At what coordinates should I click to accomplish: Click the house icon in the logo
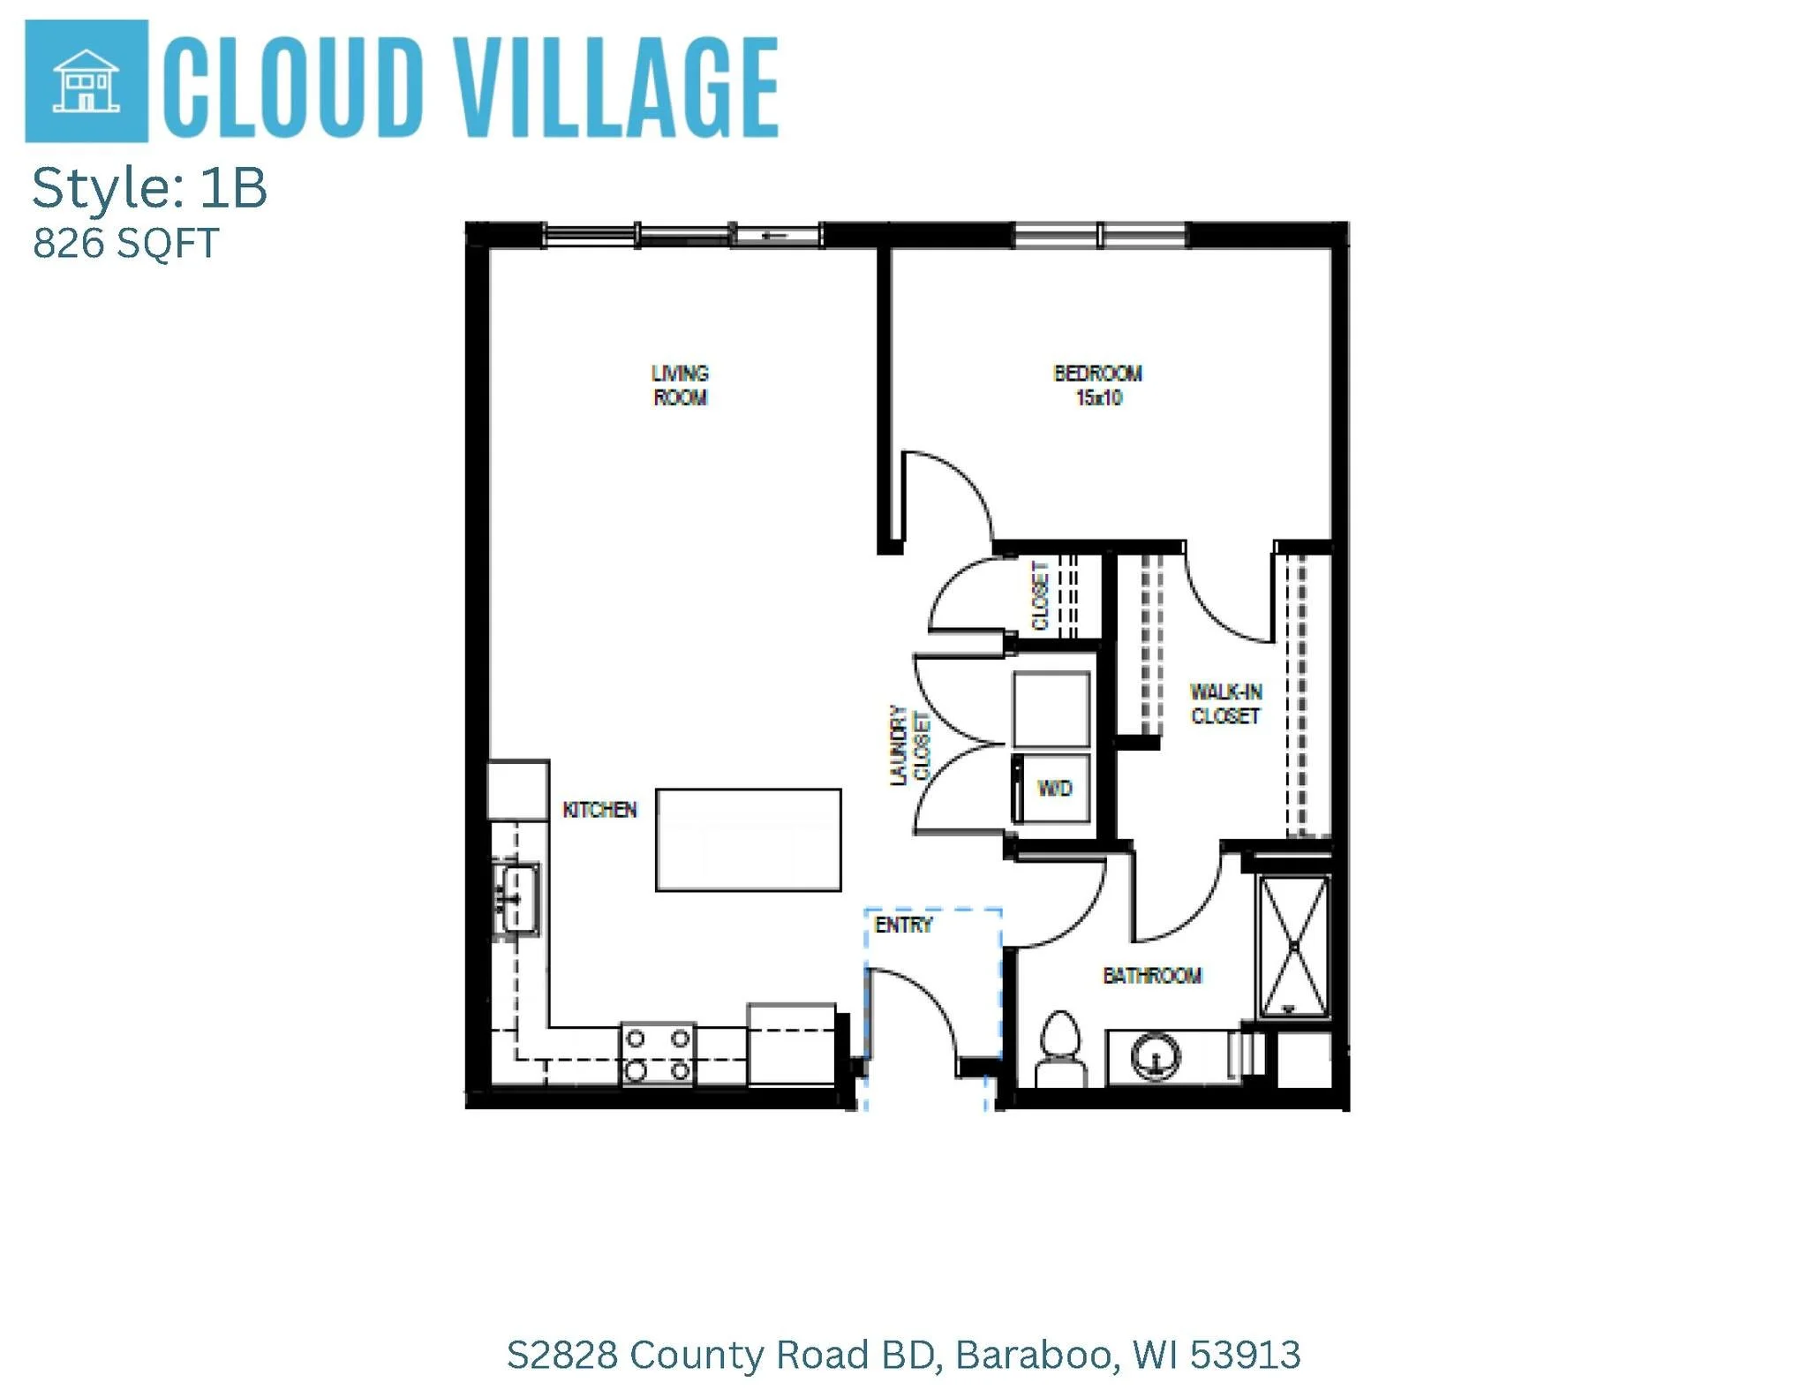(86, 80)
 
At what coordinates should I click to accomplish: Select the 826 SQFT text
(125, 244)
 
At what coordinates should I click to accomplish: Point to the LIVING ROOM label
(680, 385)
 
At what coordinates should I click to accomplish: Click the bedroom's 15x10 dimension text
(1098, 398)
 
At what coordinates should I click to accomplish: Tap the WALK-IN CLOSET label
(1225, 704)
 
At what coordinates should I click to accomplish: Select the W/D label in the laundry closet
(1054, 788)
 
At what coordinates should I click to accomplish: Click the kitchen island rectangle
(748, 840)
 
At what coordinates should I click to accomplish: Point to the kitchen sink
(517, 899)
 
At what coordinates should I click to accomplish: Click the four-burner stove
(658, 1054)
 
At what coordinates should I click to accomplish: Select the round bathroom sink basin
(1156, 1055)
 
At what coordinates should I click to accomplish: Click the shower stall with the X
(1293, 946)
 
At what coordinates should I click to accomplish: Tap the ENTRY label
(903, 925)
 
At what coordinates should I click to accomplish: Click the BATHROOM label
(1152, 976)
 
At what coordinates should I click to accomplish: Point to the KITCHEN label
(599, 810)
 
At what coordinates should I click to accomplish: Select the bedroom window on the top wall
(1099, 235)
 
